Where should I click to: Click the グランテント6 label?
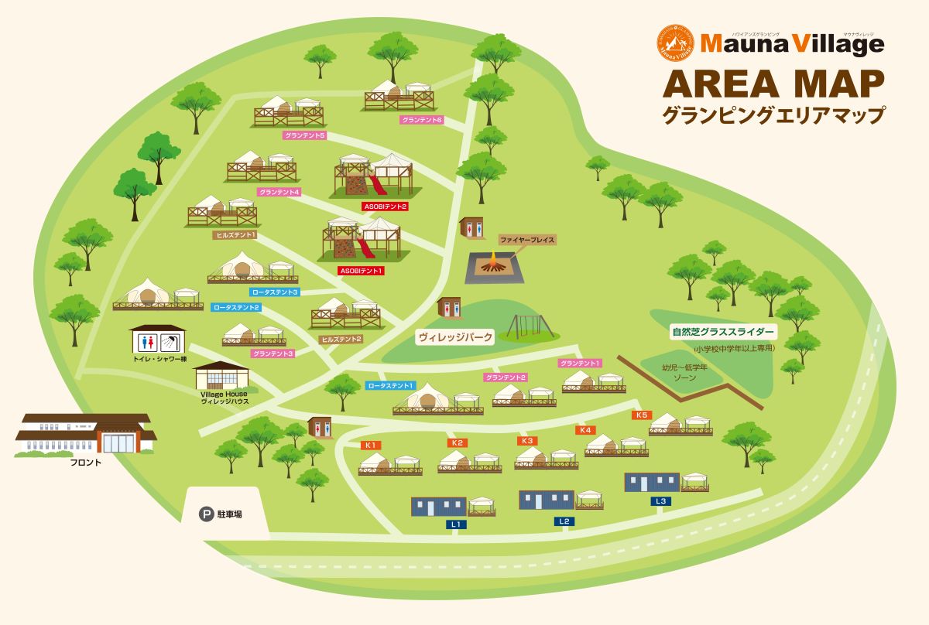coord(422,120)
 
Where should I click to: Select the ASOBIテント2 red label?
coord(385,207)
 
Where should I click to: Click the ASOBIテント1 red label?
coord(362,272)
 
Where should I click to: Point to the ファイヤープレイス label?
coord(527,241)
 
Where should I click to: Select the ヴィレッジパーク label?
coord(455,337)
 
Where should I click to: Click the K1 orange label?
coord(370,445)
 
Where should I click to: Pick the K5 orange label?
coord(641,415)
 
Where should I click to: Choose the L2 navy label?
coord(564,522)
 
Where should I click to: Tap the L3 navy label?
coord(660,501)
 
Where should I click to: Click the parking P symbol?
coord(207,513)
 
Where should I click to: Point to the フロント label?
coord(86,462)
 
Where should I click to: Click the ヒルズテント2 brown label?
coord(341,339)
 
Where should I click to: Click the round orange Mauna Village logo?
coord(674,43)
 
